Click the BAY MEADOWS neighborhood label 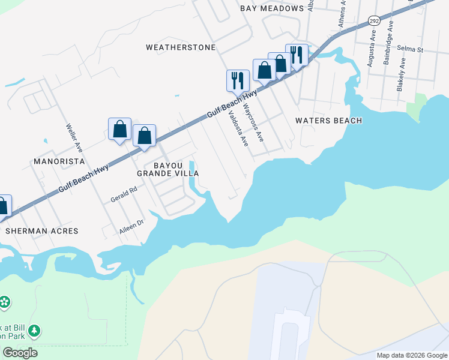(x=272, y=8)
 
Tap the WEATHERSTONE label (x=180, y=47)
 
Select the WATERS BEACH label (x=328, y=121)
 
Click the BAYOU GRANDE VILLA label (x=167, y=169)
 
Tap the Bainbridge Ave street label (x=388, y=43)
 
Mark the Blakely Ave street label (x=401, y=74)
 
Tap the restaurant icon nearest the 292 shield (x=297, y=55)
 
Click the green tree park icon (x=35, y=331)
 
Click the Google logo (x=20, y=353)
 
